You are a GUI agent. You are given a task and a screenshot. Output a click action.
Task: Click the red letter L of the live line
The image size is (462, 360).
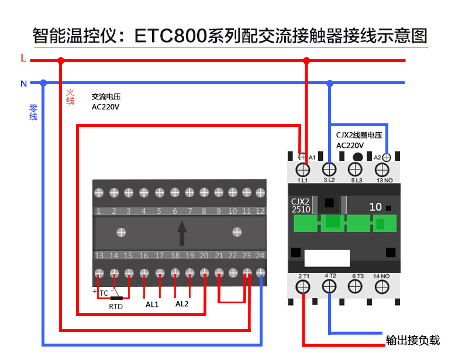pyautogui.click(x=23, y=58)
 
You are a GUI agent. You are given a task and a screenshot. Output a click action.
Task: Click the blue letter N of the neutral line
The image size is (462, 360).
pyautogui.click(x=24, y=84)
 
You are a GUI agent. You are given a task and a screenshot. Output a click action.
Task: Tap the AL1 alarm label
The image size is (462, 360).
pyautogui.click(x=152, y=304)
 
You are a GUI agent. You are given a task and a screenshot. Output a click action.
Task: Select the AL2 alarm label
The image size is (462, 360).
pyautogui.click(x=182, y=304)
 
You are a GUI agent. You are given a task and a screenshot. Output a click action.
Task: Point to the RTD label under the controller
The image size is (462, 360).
pyautogui.click(x=116, y=307)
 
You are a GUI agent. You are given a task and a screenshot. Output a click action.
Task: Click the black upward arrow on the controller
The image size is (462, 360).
pyautogui.click(x=182, y=233)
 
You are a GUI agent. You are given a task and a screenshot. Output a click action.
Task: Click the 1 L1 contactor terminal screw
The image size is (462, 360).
pyautogui.click(x=302, y=170)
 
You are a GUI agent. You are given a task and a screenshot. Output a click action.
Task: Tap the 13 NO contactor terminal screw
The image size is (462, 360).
pyautogui.click(x=382, y=170)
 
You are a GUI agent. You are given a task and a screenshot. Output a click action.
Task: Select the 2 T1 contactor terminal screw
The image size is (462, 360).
pyautogui.click(x=302, y=286)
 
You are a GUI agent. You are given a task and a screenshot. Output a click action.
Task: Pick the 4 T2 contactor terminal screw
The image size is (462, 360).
pyautogui.click(x=329, y=286)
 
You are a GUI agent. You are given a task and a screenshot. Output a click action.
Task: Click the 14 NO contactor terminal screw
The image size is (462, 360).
pyautogui.click(x=382, y=286)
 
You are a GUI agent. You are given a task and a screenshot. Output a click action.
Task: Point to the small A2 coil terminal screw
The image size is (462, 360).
pyautogui.click(x=387, y=157)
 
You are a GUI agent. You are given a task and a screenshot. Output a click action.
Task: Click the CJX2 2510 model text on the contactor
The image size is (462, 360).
pyautogui.click(x=301, y=206)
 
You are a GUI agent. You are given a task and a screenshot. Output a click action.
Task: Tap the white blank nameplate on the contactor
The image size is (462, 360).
pyautogui.click(x=327, y=258)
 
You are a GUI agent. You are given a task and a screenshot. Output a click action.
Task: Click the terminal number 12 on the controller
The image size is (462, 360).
pyautogui.click(x=260, y=211)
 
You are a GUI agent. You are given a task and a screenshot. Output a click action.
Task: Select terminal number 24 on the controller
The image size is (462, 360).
pyautogui.click(x=260, y=255)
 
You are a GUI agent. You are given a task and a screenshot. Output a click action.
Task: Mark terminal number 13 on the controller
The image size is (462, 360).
pyautogui.click(x=99, y=255)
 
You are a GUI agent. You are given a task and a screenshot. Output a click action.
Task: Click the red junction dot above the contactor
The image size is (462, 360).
pyautogui.click(x=306, y=61)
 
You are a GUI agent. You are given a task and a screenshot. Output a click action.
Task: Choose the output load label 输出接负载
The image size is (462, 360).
pyautogui.click(x=413, y=340)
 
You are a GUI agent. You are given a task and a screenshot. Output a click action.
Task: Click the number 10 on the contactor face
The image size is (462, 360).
pyautogui.click(x=375, y=207)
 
